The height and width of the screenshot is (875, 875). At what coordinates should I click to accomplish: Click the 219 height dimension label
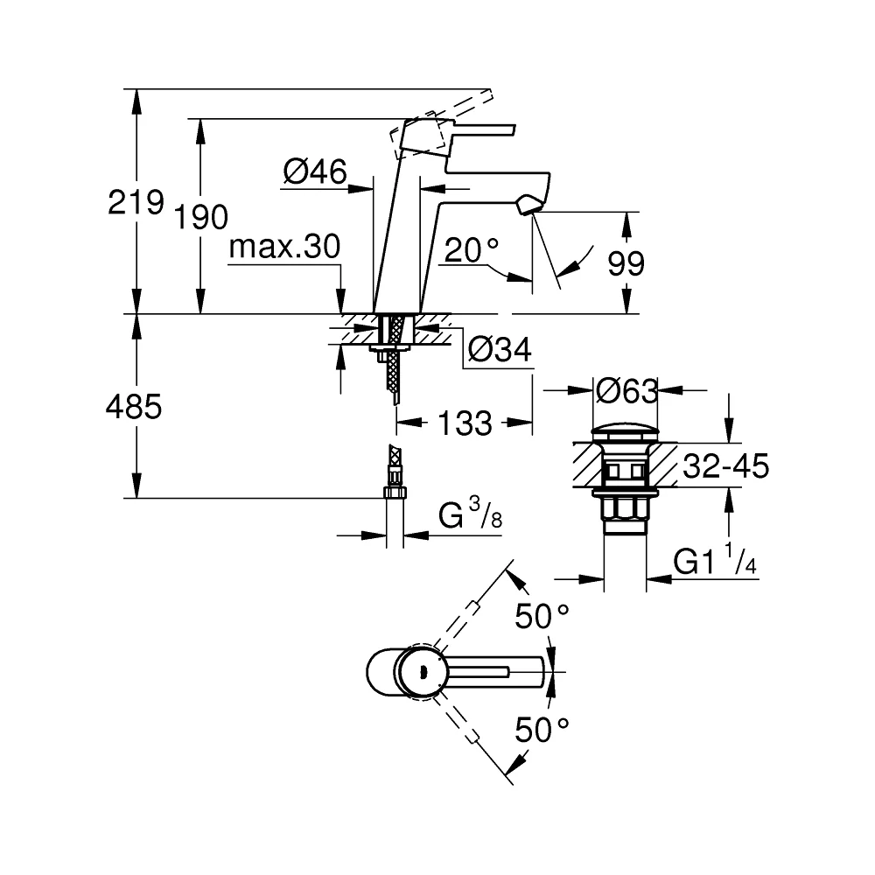tap(136, 202)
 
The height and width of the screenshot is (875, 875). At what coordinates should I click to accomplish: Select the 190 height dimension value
tap(201, 217)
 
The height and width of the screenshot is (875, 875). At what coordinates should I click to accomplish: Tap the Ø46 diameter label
tap(315, 171)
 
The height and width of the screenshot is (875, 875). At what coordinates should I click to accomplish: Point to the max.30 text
tap(284, 246)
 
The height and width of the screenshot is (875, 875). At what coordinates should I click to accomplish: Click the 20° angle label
tap(472, 249)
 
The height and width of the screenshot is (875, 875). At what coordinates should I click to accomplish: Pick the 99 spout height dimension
tap(626, 263)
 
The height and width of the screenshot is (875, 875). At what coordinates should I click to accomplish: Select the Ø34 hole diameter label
tap(500, 350)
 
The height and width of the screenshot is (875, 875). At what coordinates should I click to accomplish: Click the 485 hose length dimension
tap(134, 406)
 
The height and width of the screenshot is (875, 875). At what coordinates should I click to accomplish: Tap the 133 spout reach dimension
tap(465, 423)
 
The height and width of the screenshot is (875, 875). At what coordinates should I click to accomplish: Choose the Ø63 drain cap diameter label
tap(627, 391)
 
